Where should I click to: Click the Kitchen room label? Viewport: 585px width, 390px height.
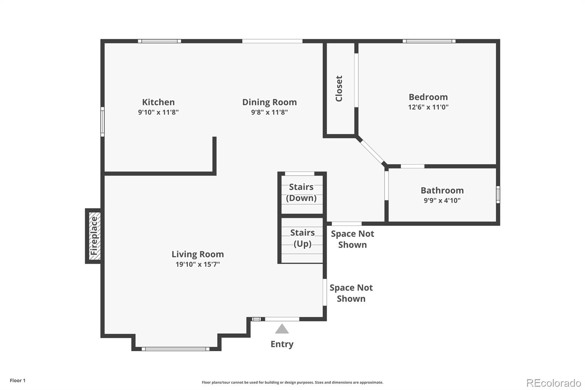(x=158, y=102)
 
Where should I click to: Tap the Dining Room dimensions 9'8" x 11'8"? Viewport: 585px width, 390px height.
(x=269, y=112)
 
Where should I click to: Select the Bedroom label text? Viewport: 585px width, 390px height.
(x=428, y=97)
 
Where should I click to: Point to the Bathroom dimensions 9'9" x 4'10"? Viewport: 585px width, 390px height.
(x=442, y=200)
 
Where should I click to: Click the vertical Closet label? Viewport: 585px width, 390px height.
(x=339, y=89)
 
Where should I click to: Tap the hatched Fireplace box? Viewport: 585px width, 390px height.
(x=94, y=236)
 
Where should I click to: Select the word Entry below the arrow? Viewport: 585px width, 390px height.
(x=282, y=344)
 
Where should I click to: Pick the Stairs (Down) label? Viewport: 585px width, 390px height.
(x=301, y=192)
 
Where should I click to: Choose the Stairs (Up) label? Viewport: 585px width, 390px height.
(x=302, y=238)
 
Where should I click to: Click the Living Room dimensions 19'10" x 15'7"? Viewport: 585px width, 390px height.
(x=198, y=264)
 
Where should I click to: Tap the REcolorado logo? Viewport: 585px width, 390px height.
(x=554, y=383)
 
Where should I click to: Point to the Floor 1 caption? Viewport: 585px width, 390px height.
(x=18, y=380)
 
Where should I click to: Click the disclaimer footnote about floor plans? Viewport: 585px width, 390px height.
(x=292, y=382)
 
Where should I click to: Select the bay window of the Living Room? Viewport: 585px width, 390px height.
(x=175, y=349)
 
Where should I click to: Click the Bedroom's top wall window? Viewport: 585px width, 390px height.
(x=429, y=41)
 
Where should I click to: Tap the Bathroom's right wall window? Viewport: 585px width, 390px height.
(x=498, y=195)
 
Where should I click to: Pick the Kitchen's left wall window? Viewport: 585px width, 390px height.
(x=102, y=121)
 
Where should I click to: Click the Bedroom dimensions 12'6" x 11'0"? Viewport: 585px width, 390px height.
(x=428, y=107)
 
